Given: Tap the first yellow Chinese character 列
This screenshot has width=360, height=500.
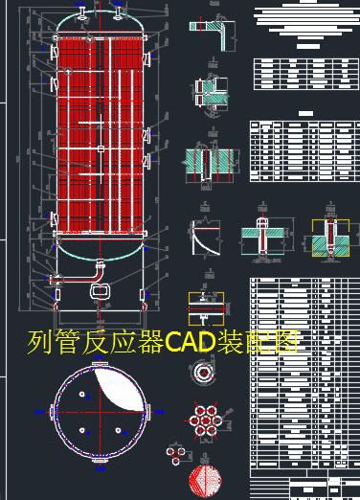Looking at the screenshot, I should point(41,342).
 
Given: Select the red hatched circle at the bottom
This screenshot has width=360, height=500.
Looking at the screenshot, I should point(205,480).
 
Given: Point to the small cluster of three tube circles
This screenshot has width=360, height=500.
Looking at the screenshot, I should point(175,452).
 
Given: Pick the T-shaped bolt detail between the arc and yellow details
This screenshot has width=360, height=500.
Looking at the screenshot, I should point(263,234).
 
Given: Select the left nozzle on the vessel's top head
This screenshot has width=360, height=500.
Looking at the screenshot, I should point(82,12).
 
